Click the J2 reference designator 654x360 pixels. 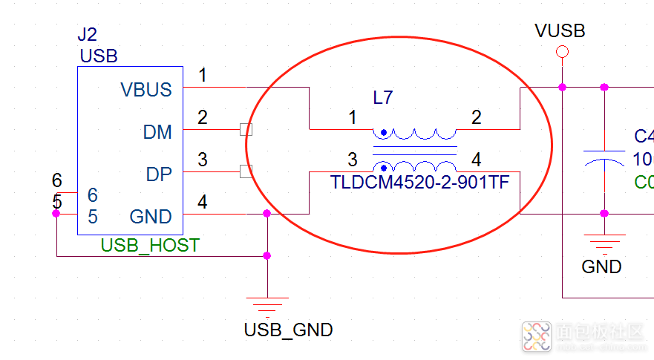[x=87, y=35]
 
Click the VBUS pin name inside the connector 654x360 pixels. [x=145, y=90]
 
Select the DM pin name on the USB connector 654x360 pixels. [x=157, y=132]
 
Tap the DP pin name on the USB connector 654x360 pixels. [x=159, y=174]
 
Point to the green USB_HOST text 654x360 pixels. [x=150, y=245]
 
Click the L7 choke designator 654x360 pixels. [x=383, y=97]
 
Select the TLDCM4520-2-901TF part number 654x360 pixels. [x=420, y=181]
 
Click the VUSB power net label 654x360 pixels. [x=560, y=31]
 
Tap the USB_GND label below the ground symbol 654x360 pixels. [x=288, y=330]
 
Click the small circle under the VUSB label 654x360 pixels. [x=562, y=52]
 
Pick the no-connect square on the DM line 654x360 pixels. [x=246, y=130]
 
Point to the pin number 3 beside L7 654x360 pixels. [x=353, y=160]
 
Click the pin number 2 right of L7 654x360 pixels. [x=476, y=117]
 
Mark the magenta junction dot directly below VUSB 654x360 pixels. [x=562, y=88]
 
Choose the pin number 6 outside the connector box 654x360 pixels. [x=57, y=180]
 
